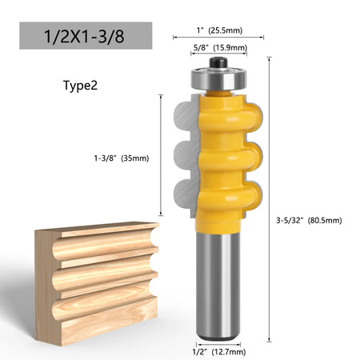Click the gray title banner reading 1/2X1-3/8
click(86, 36)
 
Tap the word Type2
click(80, 86)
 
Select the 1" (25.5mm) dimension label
click(219, 30)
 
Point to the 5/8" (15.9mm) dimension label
click(220, 47)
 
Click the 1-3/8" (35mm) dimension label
click(122, 158)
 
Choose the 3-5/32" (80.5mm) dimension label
click(309, 221)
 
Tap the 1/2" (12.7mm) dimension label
click(219, 352)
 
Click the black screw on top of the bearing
click(218, 63)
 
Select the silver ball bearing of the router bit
click(218, 79)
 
